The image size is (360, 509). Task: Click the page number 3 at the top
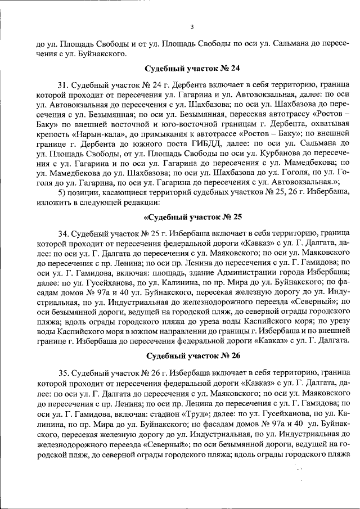tap(192, 26)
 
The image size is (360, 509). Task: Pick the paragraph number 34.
tap(64, 232)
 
